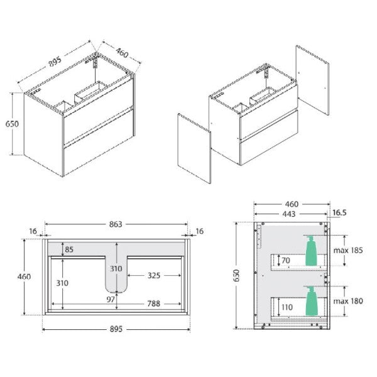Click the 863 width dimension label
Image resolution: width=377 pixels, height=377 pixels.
(116, 224)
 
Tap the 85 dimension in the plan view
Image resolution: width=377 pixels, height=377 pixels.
(69, 249)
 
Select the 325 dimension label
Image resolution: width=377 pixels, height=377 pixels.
(154, 276)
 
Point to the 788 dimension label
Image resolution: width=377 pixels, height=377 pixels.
(154, 303)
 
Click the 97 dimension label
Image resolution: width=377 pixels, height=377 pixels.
(111, 300)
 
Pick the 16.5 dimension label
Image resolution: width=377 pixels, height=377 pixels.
(340, 212)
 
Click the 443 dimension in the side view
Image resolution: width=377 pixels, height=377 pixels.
(289, 214)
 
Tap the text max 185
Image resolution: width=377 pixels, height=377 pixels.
(348, 250)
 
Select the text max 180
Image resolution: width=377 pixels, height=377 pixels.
(348, 301)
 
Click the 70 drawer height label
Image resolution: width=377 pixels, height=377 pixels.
(286, 260)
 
